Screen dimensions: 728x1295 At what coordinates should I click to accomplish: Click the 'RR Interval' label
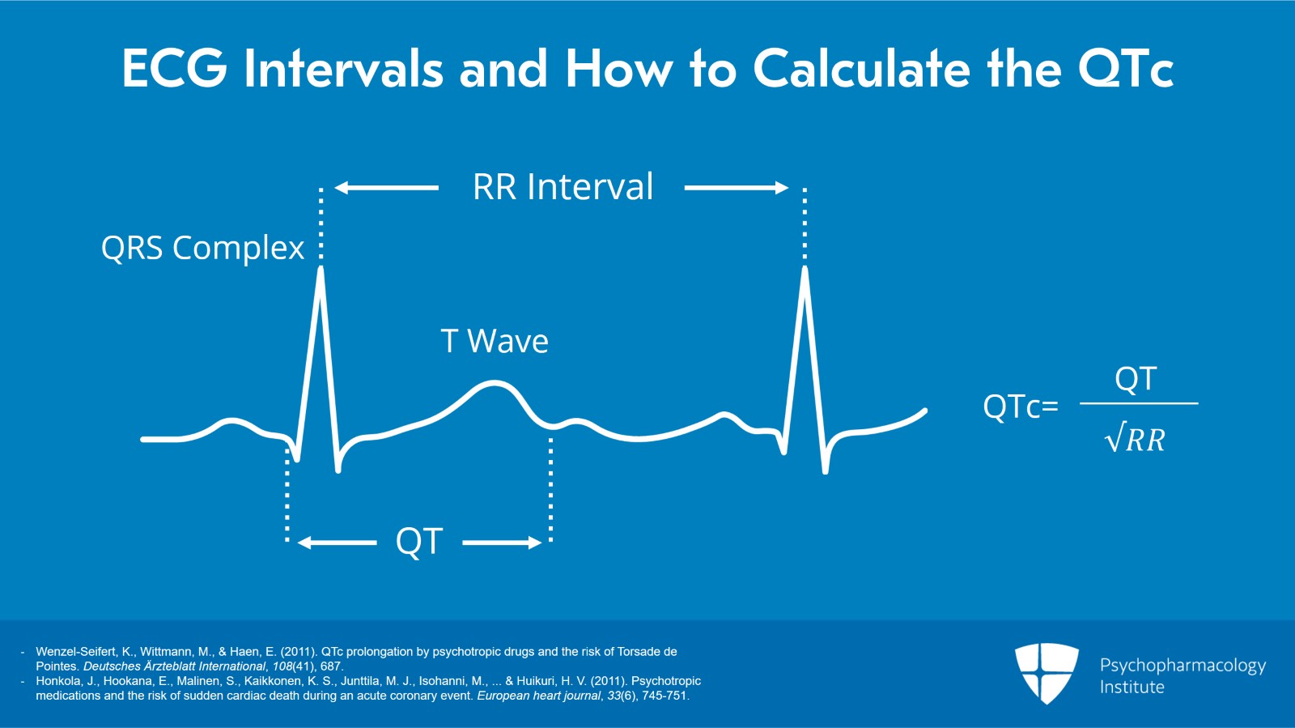(x=563, y=187)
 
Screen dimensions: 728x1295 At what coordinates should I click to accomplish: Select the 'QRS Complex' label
(x=202, y=248)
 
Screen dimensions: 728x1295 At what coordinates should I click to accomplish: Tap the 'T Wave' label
(x=495, y=341)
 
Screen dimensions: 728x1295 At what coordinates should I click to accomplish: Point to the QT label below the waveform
(x=418, y=541)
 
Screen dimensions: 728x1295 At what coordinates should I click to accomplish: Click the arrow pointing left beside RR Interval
(x=386, y=188)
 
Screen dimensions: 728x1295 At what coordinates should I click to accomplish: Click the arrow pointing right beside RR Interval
(x=736, y=188)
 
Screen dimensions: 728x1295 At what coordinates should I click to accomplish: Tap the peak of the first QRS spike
(x=321, y=271)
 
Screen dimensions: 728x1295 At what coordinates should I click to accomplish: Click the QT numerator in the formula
(x=1136, y=379)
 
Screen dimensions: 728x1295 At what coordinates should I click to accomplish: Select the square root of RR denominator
(x=1135, y=440)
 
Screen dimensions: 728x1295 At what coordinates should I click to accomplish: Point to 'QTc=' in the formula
(x=1020, y=407)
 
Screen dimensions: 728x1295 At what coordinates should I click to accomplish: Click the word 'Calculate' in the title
(x=861, y=69)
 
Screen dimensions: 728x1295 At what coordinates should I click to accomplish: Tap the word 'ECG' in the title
(x=174, y=69)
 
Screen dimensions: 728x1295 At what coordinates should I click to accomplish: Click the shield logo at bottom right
(x=1047, y=673)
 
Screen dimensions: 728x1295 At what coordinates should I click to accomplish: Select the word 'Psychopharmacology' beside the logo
(x=1182, y=666)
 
